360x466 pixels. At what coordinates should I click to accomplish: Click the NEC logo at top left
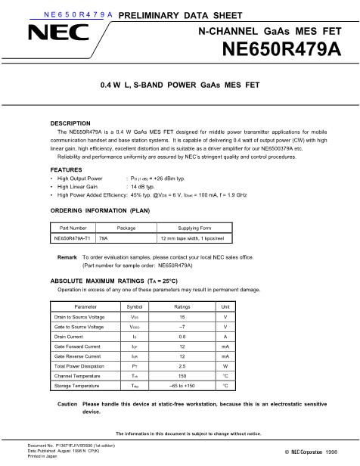(48, 34)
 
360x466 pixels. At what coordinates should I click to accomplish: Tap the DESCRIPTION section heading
(70, 123)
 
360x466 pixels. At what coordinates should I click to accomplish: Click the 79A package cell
(104, 238)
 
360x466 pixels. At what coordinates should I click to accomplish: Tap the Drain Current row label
(73, 336)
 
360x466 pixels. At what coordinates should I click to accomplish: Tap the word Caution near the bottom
(67, 405)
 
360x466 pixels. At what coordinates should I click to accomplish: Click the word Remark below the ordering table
(67, 257)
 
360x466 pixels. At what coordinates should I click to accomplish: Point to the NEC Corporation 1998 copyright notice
(309, 452)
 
